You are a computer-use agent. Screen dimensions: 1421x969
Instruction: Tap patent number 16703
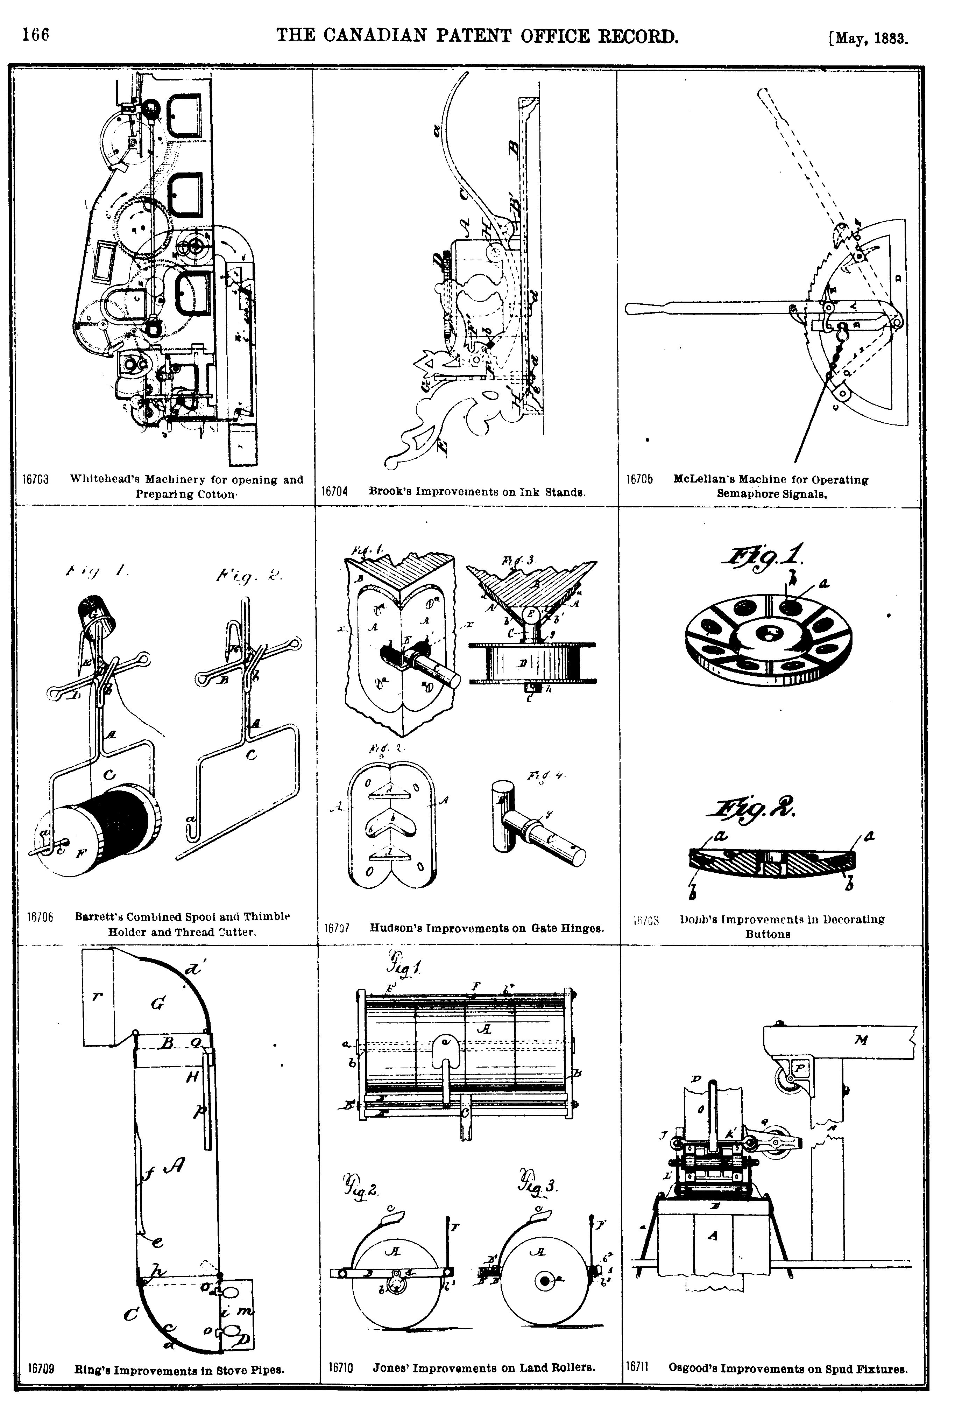point(35,480)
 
